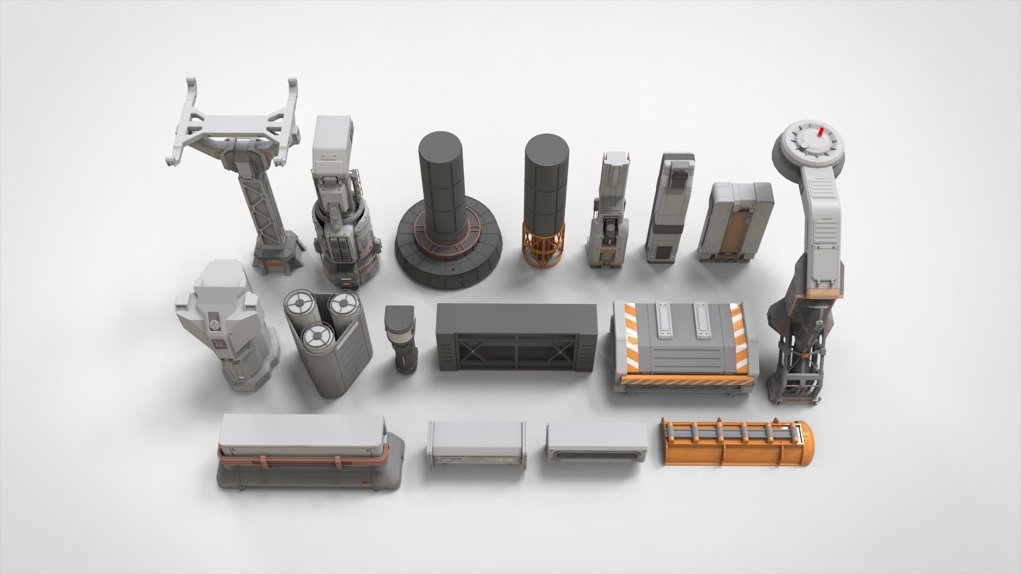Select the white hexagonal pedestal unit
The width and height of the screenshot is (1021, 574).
pyautogui.click(x=226, y=330)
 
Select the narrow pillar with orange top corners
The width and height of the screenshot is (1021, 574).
pyautogui.click(x=609, y=213)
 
